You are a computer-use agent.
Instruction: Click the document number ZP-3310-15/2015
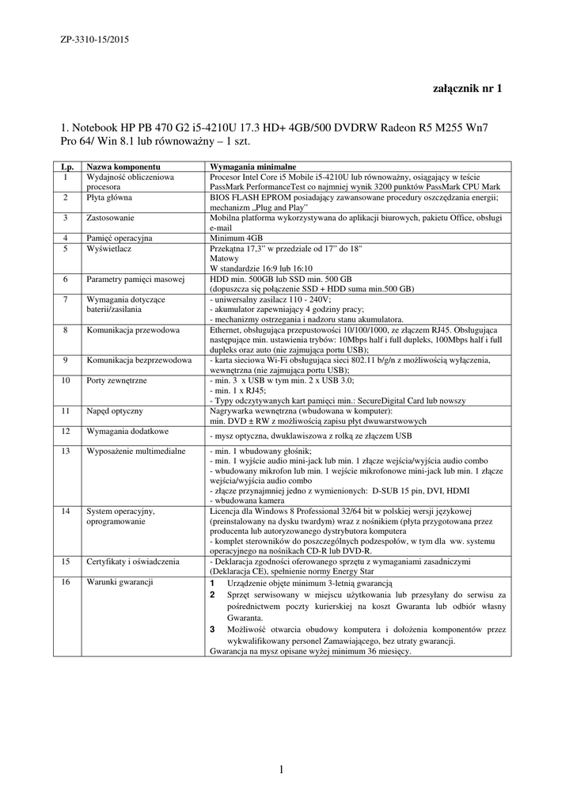coord(96,38)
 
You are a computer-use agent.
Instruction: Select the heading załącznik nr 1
coord(467,89)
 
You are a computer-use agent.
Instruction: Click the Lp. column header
coord(66,168)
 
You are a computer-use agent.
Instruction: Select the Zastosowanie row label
coord(110,217)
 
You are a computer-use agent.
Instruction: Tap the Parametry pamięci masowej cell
coord(135,280)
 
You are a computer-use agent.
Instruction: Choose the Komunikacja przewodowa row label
coord(133,329)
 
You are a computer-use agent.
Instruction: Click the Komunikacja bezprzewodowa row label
coord(139,360)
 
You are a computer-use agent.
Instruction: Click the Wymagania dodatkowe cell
coord(127,432)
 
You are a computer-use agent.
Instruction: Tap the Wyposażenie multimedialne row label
coord(135,451)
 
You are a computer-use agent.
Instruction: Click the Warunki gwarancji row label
coord(119,582)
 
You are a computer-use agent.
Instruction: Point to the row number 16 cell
coord(66,582)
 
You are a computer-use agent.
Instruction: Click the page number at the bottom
coord(281,770)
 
